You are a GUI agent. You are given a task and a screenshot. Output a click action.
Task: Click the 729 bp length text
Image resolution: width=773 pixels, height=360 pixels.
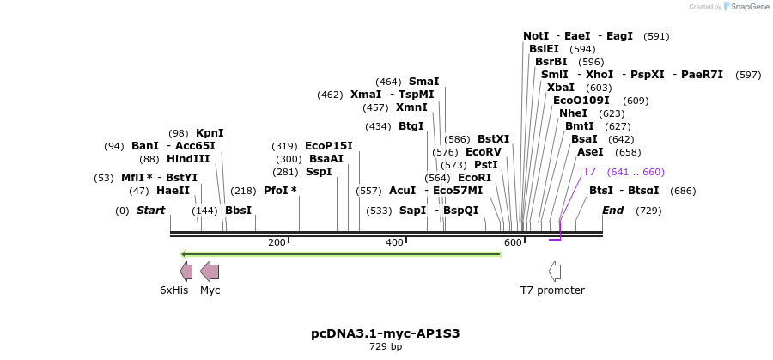pos(386,347)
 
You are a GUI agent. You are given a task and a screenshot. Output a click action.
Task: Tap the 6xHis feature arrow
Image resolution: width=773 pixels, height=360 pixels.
pos(186,272)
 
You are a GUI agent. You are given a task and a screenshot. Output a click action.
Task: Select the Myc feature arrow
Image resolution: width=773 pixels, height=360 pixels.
pos(210,272)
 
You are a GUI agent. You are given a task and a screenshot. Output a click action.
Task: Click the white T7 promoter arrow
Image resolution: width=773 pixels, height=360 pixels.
pos(555,272)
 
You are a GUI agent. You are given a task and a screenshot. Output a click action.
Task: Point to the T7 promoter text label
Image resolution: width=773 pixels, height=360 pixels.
pos(552,290)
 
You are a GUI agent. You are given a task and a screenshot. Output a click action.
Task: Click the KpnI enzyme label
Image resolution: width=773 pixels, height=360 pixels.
pos(210,133)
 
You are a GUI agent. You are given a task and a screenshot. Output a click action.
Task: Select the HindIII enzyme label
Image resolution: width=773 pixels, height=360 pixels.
pos(188,159)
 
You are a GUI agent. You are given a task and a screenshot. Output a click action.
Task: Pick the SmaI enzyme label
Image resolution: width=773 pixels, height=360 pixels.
pos(423,82)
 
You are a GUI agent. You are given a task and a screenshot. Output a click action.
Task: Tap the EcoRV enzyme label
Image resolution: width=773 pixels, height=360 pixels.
pos(484,152)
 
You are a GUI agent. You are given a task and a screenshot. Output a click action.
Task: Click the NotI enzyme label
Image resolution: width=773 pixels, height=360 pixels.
pos(536,36)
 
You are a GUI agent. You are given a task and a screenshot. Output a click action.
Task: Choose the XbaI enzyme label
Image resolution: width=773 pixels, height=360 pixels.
pos(561,88)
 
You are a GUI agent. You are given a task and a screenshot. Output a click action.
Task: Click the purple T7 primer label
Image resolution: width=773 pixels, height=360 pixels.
pos(589,172)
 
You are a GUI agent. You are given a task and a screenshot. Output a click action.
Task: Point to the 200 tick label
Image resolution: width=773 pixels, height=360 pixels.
pos(277,243)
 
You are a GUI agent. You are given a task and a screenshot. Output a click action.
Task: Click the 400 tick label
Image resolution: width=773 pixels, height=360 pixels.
pos(394,243)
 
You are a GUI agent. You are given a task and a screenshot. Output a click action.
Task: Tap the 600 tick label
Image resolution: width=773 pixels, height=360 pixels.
pos(513,243)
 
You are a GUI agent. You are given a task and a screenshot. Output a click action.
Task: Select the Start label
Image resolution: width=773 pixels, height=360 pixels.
pos(150,211)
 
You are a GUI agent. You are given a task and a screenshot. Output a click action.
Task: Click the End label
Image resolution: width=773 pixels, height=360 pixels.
pos(612,211)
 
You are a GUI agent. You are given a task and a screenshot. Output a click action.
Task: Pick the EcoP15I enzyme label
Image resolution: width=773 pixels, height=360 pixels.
pos(329,146)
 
